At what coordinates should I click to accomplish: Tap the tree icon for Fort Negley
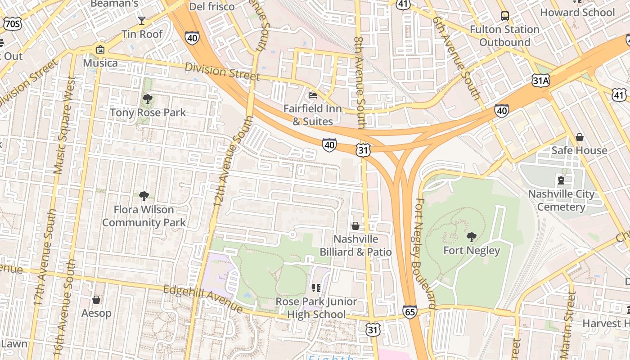click(472, 237)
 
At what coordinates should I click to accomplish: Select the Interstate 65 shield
click(409, 312)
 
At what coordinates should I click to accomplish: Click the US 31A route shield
click(540, 81)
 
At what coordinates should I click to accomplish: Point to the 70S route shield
click(12, 24)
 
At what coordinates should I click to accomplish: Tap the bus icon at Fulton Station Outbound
click(505, 16)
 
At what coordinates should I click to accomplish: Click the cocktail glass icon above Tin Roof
click(142, 20)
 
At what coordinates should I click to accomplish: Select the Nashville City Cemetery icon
click(561, 180)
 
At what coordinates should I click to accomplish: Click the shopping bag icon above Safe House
click(580, 137)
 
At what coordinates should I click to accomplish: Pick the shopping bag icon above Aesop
click(96, 300)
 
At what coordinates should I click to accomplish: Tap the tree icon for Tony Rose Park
click(147, 99)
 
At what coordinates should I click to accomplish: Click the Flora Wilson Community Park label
click(144, 216)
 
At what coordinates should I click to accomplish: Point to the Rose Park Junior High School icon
click(316, 288)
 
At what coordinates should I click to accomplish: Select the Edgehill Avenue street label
click(203, 298)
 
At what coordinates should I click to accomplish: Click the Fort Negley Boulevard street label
click(425, 253)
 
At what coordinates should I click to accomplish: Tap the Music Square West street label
click(65, 125)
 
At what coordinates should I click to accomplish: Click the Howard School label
click(577, 13)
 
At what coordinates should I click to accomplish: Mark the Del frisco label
click(212, 6)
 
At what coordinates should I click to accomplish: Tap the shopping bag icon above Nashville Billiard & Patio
click(355, 225)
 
